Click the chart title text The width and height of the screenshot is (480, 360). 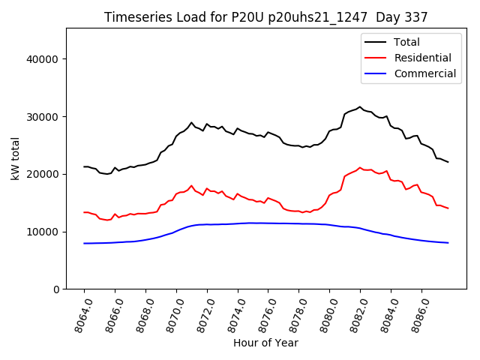tap(265, 17)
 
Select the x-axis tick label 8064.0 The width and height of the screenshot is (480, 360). tap(79, 313)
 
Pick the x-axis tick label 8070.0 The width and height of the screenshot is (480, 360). tap(172, 313)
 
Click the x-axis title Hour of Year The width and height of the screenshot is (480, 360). tap(265, 343)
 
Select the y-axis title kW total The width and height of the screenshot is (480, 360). tap(15, 159)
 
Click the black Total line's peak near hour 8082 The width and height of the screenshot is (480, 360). tap(360, 107)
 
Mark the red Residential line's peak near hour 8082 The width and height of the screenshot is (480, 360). tap(360, 168)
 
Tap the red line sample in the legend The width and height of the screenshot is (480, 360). tap(376, 58)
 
